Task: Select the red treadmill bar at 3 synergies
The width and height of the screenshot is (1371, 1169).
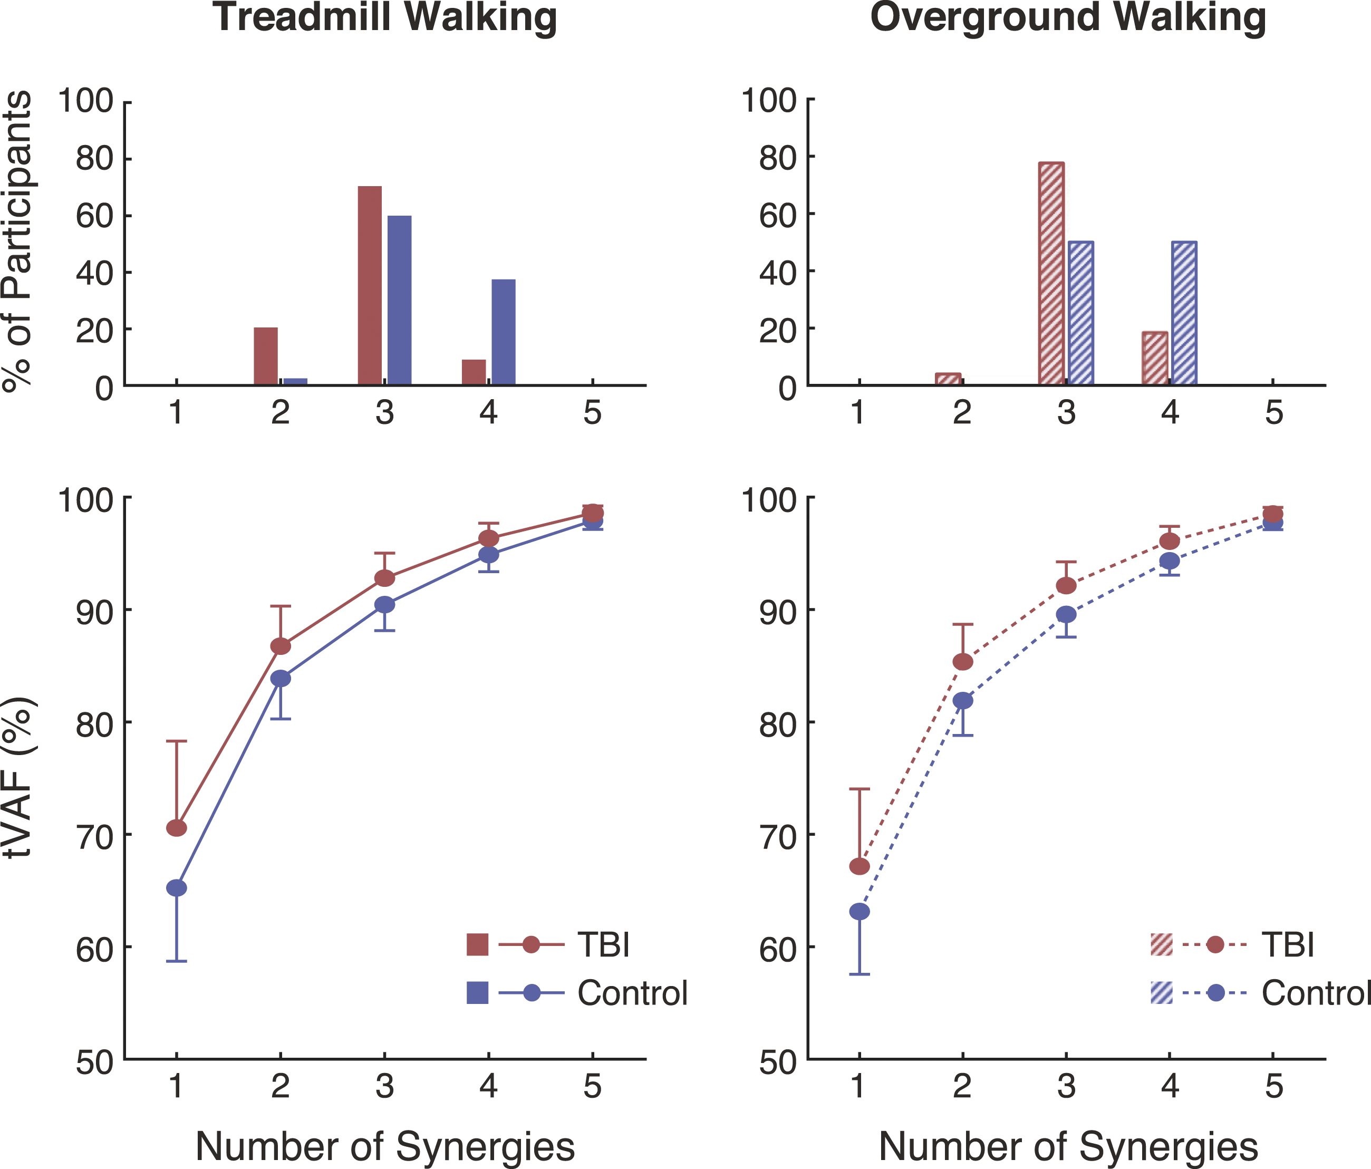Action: coord(370,285)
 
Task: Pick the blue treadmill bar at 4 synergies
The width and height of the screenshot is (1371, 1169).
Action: coord(504,332)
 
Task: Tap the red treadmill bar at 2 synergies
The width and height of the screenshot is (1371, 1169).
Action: coord(266,356)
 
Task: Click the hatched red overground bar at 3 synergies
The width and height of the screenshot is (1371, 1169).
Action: coord(1051,273)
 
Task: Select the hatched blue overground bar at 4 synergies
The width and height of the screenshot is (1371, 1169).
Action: coord(1184,313)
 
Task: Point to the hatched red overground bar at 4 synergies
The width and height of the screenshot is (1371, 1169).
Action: coord(1155,358)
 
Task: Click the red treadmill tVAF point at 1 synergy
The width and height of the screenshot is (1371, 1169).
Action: coord(177,828)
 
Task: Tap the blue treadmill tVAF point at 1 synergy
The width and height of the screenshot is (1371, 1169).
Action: coord(177,888)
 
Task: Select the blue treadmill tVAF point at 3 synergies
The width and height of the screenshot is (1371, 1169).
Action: coord(384,605)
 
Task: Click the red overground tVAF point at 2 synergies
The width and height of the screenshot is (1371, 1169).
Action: coord(963,662)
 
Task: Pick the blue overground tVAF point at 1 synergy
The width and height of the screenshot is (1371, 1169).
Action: coord(859,912)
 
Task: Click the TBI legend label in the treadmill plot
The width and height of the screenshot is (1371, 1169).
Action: coord(603,945)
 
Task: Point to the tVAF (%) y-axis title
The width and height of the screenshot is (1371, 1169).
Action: coord(20,777)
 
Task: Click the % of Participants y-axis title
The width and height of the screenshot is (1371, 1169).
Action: coord(17,241)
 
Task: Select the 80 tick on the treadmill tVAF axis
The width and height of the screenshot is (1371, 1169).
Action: coord(94,722)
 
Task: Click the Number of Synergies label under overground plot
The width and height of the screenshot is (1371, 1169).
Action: coord(1068,1128)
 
